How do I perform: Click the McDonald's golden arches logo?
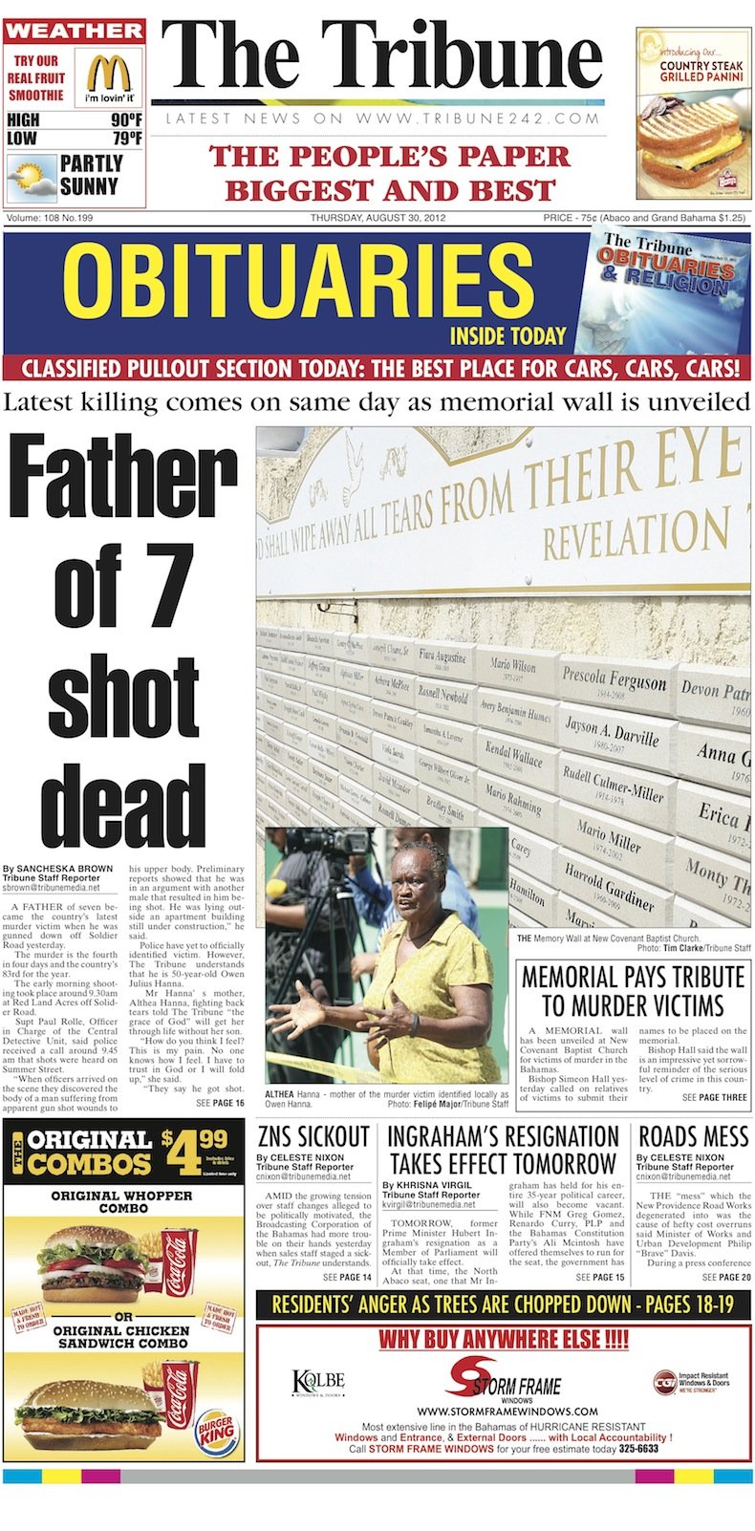tap(109, 73)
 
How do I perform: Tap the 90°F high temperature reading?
tap(125, 120)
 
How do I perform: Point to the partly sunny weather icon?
tap(30, 177)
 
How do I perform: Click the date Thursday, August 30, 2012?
tap(377, 218)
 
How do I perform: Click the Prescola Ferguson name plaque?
tap(614, 679)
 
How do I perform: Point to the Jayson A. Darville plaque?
tap(612, 730)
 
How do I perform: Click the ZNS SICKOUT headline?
tap(313, 1137)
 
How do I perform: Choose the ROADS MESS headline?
tap(693, 1137)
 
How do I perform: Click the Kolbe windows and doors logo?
tap(317, 1383)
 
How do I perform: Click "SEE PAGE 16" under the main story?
tap(220, 1103)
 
